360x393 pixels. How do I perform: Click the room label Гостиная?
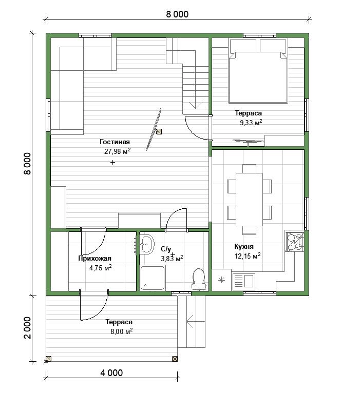[x=115, y=142]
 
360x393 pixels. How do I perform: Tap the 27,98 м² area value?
[x=118, y=151]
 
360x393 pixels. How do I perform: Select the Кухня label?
[x=244, y=247]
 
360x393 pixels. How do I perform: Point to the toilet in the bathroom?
[x=198, y=279]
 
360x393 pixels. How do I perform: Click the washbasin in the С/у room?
[x=146, y=244]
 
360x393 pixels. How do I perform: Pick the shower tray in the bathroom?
[x=153, y=278]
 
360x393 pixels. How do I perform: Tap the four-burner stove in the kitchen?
[x=295, y=241]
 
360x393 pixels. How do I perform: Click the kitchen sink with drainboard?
[x=243, y=281]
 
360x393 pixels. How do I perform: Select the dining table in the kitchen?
[x=249, y=199]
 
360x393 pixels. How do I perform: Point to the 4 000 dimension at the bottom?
[x=111, y=373]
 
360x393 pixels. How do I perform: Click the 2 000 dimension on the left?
[x=27, y=328]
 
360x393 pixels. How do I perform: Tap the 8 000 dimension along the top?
[x=177, y=14]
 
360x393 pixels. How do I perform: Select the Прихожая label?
[x=94, y=259]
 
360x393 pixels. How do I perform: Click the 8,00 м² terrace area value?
[x=122, y=331]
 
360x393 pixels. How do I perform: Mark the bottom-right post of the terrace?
[x=175, y=359]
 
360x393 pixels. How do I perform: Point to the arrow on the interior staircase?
[x=196, y=105]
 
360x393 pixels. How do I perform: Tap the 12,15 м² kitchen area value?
[x=248, y=256]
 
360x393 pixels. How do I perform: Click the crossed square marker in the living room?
[x=159, y=131]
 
